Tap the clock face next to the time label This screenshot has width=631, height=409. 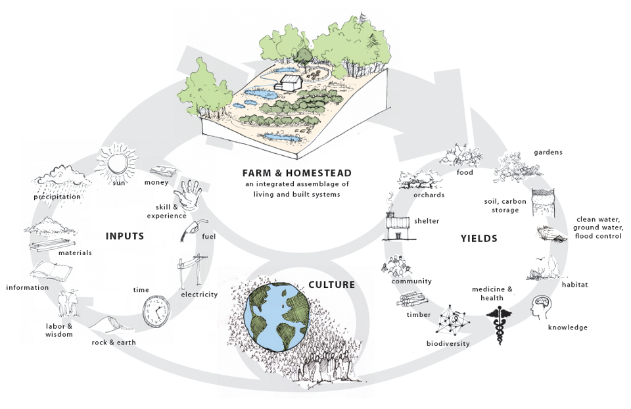tap(156, 311)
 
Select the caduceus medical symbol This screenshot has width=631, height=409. tap(500, 324)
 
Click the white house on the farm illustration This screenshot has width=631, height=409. tap(289, 83)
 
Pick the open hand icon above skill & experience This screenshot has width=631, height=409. tap(187, 195)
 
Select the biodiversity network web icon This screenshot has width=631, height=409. tap(453, 320)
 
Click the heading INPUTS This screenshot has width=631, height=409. tap(125, 236)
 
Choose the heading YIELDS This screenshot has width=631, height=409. tap(479, 239)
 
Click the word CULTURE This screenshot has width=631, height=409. tap(331, 285)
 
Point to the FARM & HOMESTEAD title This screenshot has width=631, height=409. tap(297, 173)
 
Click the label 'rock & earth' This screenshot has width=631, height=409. tap(114, 343)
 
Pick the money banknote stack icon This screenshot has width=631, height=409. tap(164, 171)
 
